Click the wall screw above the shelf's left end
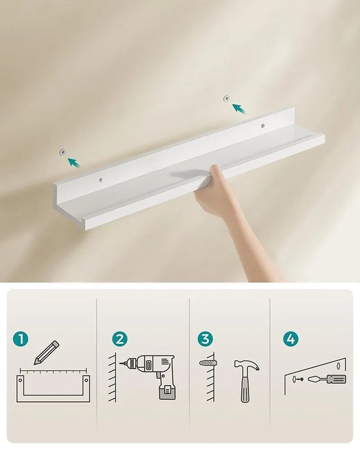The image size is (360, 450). pyautogui.click(x=63, y=152)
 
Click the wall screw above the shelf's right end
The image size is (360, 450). pyautogui.click(x=226, y=98)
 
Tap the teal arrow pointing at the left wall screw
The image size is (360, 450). pyautogui.click(x=74, y=162)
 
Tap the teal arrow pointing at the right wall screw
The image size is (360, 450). pyautogui.click(x=239, y=110)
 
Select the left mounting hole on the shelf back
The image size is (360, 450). pyautogui.click(x=100, y=179)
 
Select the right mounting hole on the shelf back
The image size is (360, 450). pyautogui.click(x=262, y=125)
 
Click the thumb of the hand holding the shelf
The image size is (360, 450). pyautogui.click(x=217, y=175)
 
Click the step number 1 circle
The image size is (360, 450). pyautogui.click(x=21, y=339)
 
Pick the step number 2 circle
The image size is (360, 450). pyautogui.click(x=120, y=339)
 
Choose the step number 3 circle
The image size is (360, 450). pyautogui.click(x=205, y=339)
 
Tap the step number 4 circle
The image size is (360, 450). pyautogui.click(x=291, y=339)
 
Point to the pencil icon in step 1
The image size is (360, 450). pyautogui.click(x=46, y=353)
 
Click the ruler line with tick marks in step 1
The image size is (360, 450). pyautogui.click(x=53, y=370)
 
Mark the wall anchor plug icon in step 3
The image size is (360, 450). pyautogui.click(x=208, y=363)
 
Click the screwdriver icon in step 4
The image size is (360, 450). pyautogui.click(x=327, y=379)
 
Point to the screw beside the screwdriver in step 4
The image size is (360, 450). pyautogui.click(x=298, y=379)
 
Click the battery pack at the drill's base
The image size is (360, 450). pyautogui.click(x=168, y=392)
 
